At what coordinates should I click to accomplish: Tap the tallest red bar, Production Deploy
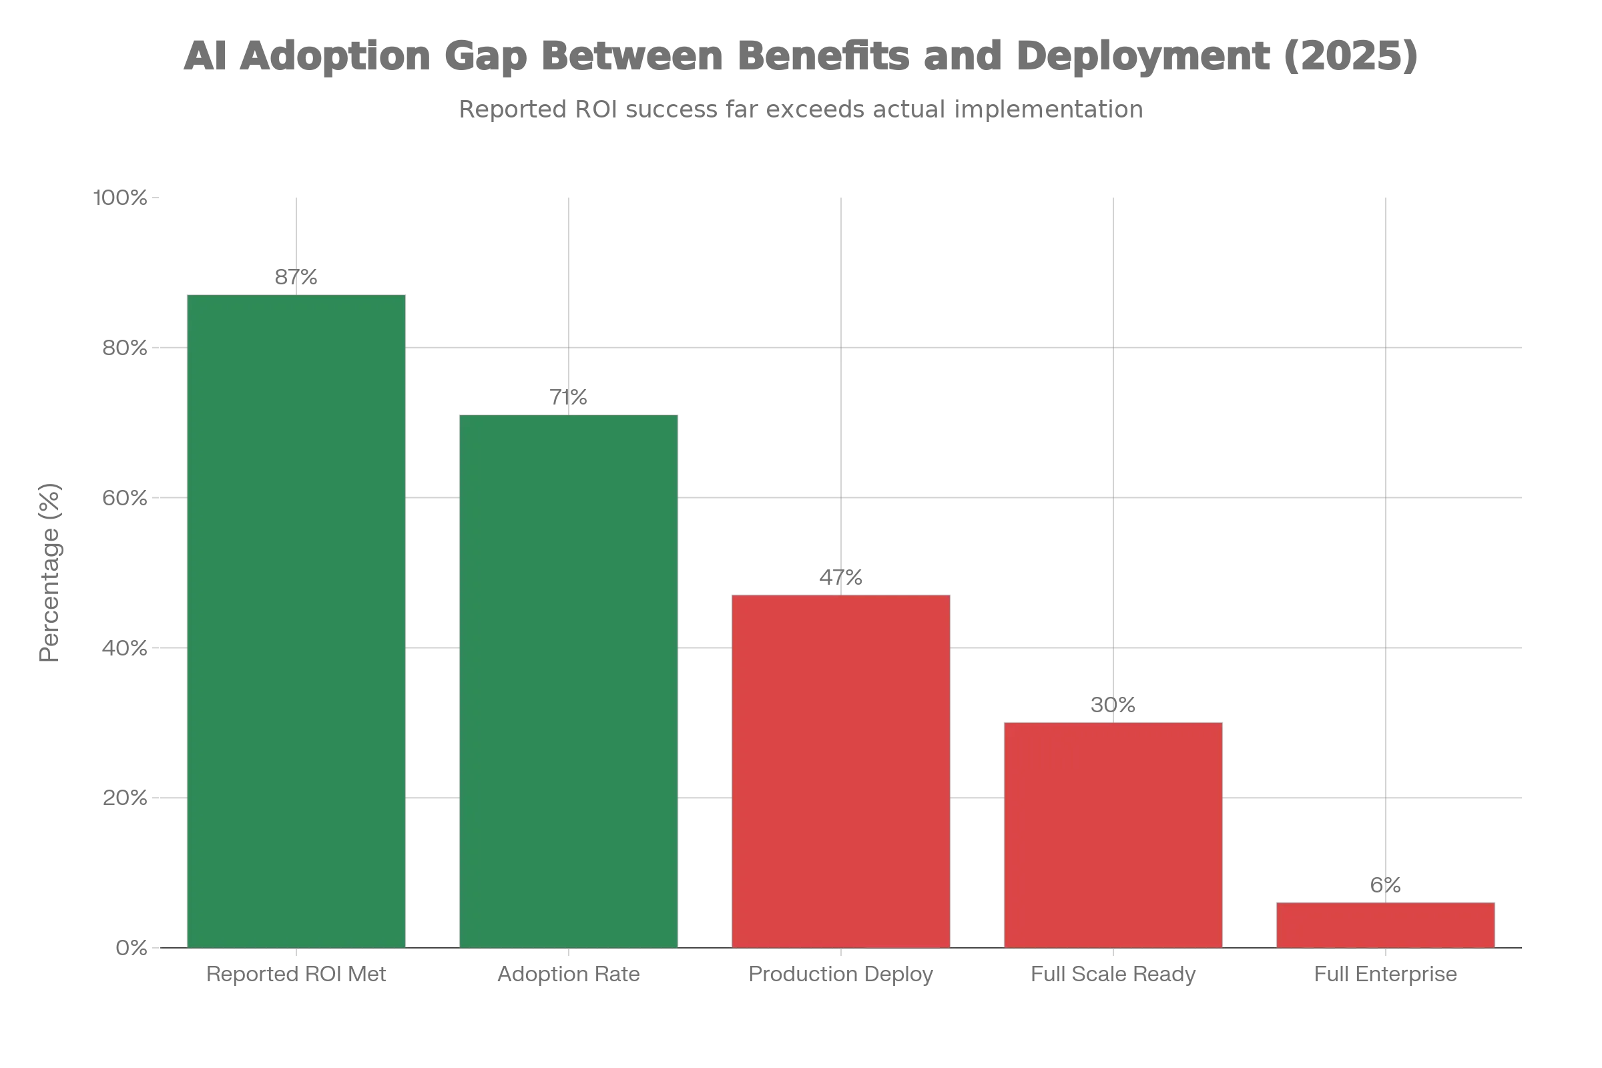point(841,770)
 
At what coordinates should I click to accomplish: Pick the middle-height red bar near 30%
point(1113,834)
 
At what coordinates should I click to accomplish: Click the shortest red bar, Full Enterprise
point(1386,924)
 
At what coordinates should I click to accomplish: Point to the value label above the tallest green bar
point(296,278)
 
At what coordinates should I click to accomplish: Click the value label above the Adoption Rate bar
point(569,396)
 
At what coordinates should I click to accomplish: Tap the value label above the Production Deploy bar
point(841,577)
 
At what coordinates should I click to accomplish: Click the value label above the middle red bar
point(1113,705)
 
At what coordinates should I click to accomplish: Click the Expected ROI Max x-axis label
point(296,973)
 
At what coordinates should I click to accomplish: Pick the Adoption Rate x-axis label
point(569,973)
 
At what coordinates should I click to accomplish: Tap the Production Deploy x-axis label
point(841,973)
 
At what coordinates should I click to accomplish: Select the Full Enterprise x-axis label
point(1386,973)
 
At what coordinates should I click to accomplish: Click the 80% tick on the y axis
point(125,348)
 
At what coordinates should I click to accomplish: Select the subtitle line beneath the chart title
point(801,107)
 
